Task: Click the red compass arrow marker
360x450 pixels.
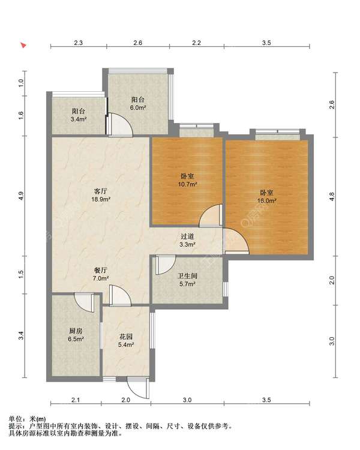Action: pyautogui.click(x=23, y=45)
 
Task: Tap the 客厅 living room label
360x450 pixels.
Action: pyautogui.click(x=101, y=191)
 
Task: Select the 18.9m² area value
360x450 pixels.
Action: pyautogui.click(x=101, y=199)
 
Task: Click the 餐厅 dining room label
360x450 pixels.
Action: pyautogui.click(x=101, y=270)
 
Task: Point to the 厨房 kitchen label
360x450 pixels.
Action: pyautogui.click(x=76, y=331)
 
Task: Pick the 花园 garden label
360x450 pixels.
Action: pyautogui.click(x=126, y=337)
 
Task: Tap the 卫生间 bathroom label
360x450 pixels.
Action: pyautogui.click(x=187, y=276)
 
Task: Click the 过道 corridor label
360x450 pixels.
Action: pyautogui.click(x=187, y=236)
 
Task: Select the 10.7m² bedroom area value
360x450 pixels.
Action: pyautogui.click(x=187, y=184)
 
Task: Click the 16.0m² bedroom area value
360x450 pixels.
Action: pyautogui.click(x=266, y=200)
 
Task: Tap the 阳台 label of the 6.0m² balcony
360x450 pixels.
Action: pyautogui.click(x=138, y=100)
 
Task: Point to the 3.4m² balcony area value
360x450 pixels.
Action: pyautogui.click(x=79, y=119)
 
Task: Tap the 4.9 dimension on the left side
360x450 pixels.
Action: pyautogui.click(x=20, y=196)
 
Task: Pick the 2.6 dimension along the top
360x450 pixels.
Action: pyautogui.click(x=138, y=43)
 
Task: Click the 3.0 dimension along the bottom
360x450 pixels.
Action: pyautogui.click(x=187, y=400)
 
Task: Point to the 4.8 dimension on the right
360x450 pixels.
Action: pyautogui.click(x=332, y=197)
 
